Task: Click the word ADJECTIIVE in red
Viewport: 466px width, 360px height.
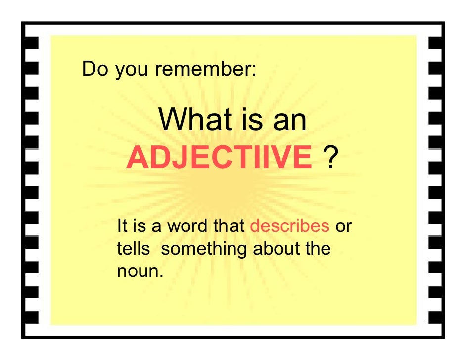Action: tap(219, 157)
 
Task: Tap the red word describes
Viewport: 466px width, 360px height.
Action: tap(290, 226)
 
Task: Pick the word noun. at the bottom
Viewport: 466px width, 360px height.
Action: tap(140, 270)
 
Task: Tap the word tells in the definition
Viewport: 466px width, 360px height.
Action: tap(133, 248)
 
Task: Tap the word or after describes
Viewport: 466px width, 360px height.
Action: tap(343, 226)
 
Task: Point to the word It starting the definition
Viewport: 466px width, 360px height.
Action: tap(122, 226)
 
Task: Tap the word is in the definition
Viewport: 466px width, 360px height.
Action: tap(140, 226)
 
